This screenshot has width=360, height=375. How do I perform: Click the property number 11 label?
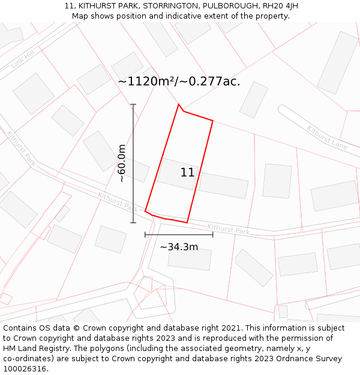tap(187, 173)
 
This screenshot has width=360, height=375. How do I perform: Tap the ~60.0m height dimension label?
tap(122, 163)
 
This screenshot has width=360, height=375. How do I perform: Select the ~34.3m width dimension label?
tap(179, 247)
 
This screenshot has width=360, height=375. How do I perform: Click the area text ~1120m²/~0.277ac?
tap(179, 82)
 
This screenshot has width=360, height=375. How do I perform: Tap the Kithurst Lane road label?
tap(327, 137)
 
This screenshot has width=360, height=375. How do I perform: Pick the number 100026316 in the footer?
tap(24, 369)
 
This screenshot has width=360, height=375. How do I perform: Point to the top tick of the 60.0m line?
tap(133, 104)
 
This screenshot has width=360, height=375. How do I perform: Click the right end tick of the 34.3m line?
tap(212, 235)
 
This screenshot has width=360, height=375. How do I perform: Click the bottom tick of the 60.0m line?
tap(133, 223)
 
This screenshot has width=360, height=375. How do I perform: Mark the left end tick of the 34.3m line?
tap(145, 235)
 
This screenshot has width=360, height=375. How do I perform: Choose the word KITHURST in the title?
tap(95, 6)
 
